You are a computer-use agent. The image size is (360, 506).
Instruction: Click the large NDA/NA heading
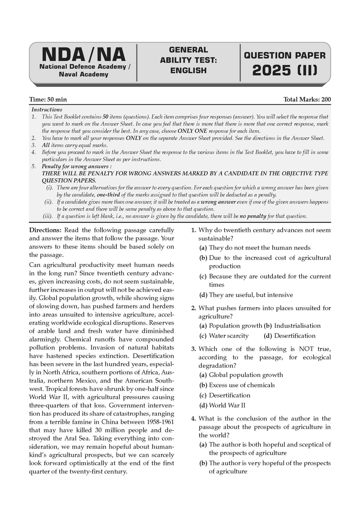point(83,55)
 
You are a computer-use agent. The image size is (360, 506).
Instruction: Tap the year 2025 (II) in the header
point(285,70)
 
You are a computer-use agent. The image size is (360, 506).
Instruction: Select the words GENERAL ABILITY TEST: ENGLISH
point(188,60)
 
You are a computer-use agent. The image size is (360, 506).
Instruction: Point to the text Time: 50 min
point(48,99)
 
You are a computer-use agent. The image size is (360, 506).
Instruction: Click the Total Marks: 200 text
point(307,99)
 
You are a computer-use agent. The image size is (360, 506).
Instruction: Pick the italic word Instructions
point(47,110)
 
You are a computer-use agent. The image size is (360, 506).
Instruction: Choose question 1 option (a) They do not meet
point(259,248)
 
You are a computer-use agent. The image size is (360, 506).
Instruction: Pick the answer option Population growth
point(235,326)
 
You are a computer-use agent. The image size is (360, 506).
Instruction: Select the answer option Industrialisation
point(297,326)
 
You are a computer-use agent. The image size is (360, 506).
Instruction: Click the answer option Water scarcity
point(229,336)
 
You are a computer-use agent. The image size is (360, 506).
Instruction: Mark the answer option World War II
point(227,405)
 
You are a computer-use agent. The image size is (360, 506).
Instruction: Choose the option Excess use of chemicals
point(242,385)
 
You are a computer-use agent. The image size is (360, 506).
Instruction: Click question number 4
point(193,419)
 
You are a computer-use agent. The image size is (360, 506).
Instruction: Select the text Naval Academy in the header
point(83,74)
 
